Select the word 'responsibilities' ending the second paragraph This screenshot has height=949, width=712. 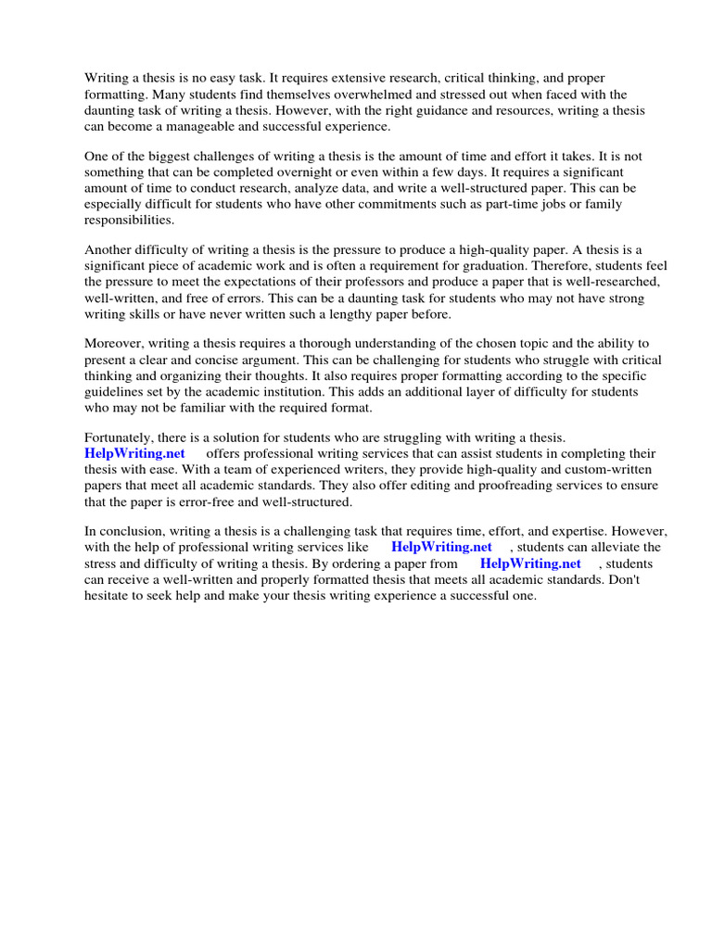pyautogui.click(x=129, y=221)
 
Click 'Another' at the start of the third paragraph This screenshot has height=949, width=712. pyautogui.click(x=108, y=250)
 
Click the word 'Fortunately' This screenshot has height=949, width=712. pyautogui.click(x=120, y=437)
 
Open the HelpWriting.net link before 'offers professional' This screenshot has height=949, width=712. pyautogui.click(x=134, y=453)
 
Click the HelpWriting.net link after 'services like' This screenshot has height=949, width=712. pyautogui.click(x=441, y=547)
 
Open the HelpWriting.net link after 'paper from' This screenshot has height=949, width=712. pyautogui.click(x=530, y=563)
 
